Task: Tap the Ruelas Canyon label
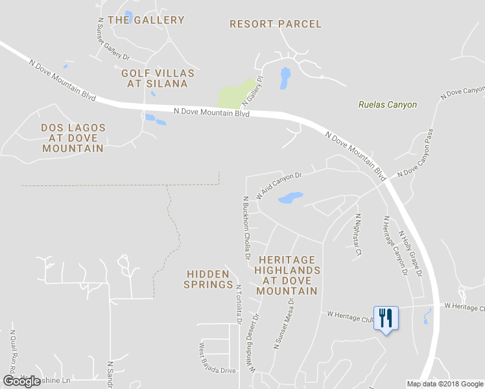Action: [388, 104]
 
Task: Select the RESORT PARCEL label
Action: [276, 24]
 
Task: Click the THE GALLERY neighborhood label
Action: [146, 20]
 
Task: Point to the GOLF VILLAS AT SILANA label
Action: [154, 78]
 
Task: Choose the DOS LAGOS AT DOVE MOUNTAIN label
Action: [73, 138]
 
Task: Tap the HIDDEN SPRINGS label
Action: [208, 279]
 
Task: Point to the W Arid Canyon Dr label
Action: [279, 185]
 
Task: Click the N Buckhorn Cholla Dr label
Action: [246, 228]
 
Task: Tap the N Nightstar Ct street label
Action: [357, 234]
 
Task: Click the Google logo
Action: [22, 381]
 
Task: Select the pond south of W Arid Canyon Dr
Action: [290, 197]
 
